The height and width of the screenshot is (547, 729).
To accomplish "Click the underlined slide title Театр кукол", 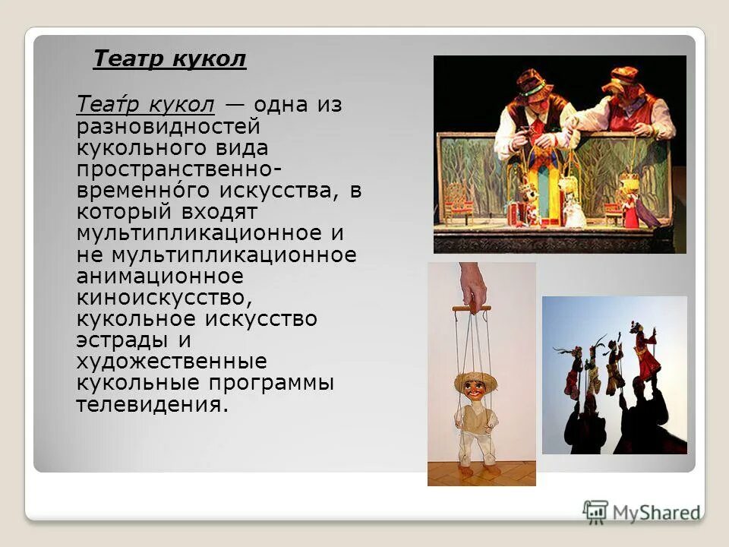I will click(169, 59).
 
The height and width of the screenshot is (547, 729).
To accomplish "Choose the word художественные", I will click(171, 362).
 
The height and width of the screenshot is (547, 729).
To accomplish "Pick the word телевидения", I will click(152, 405).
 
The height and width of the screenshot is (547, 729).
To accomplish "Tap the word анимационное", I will click(159, 276).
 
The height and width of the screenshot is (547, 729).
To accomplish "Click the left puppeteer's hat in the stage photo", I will click(534, 82).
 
